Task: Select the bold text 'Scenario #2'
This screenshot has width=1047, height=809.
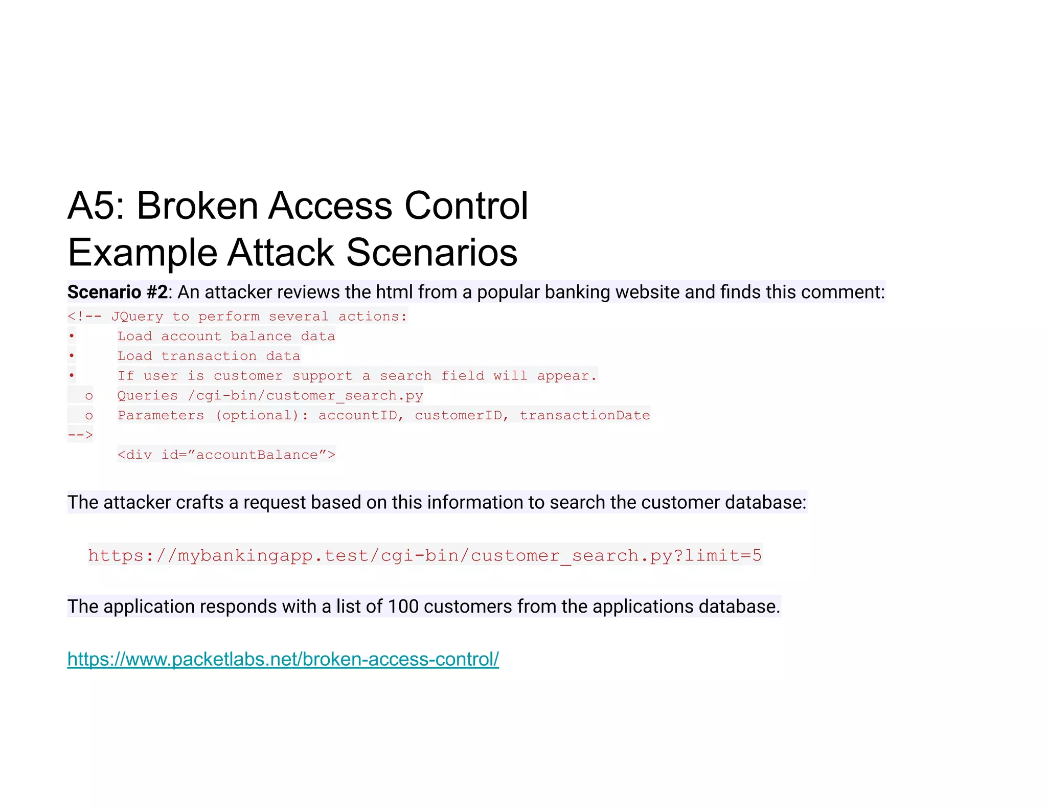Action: [118, 292]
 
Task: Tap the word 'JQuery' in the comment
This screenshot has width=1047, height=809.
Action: [137, 317]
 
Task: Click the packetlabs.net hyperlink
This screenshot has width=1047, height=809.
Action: [283, 659]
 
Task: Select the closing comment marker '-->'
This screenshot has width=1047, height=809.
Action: [80, 435]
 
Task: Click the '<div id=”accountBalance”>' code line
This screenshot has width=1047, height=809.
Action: [226, 455]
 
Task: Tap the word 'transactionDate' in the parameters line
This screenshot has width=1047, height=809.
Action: [584, 415]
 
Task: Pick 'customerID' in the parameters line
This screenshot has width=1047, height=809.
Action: [458, 415]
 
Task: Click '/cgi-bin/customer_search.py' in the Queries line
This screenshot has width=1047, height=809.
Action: [305, 395]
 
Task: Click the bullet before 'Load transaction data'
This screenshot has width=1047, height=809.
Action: [72, 355]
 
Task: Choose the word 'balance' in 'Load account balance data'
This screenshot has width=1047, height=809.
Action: [261, 336]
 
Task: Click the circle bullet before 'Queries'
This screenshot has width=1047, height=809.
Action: [89, 396]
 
